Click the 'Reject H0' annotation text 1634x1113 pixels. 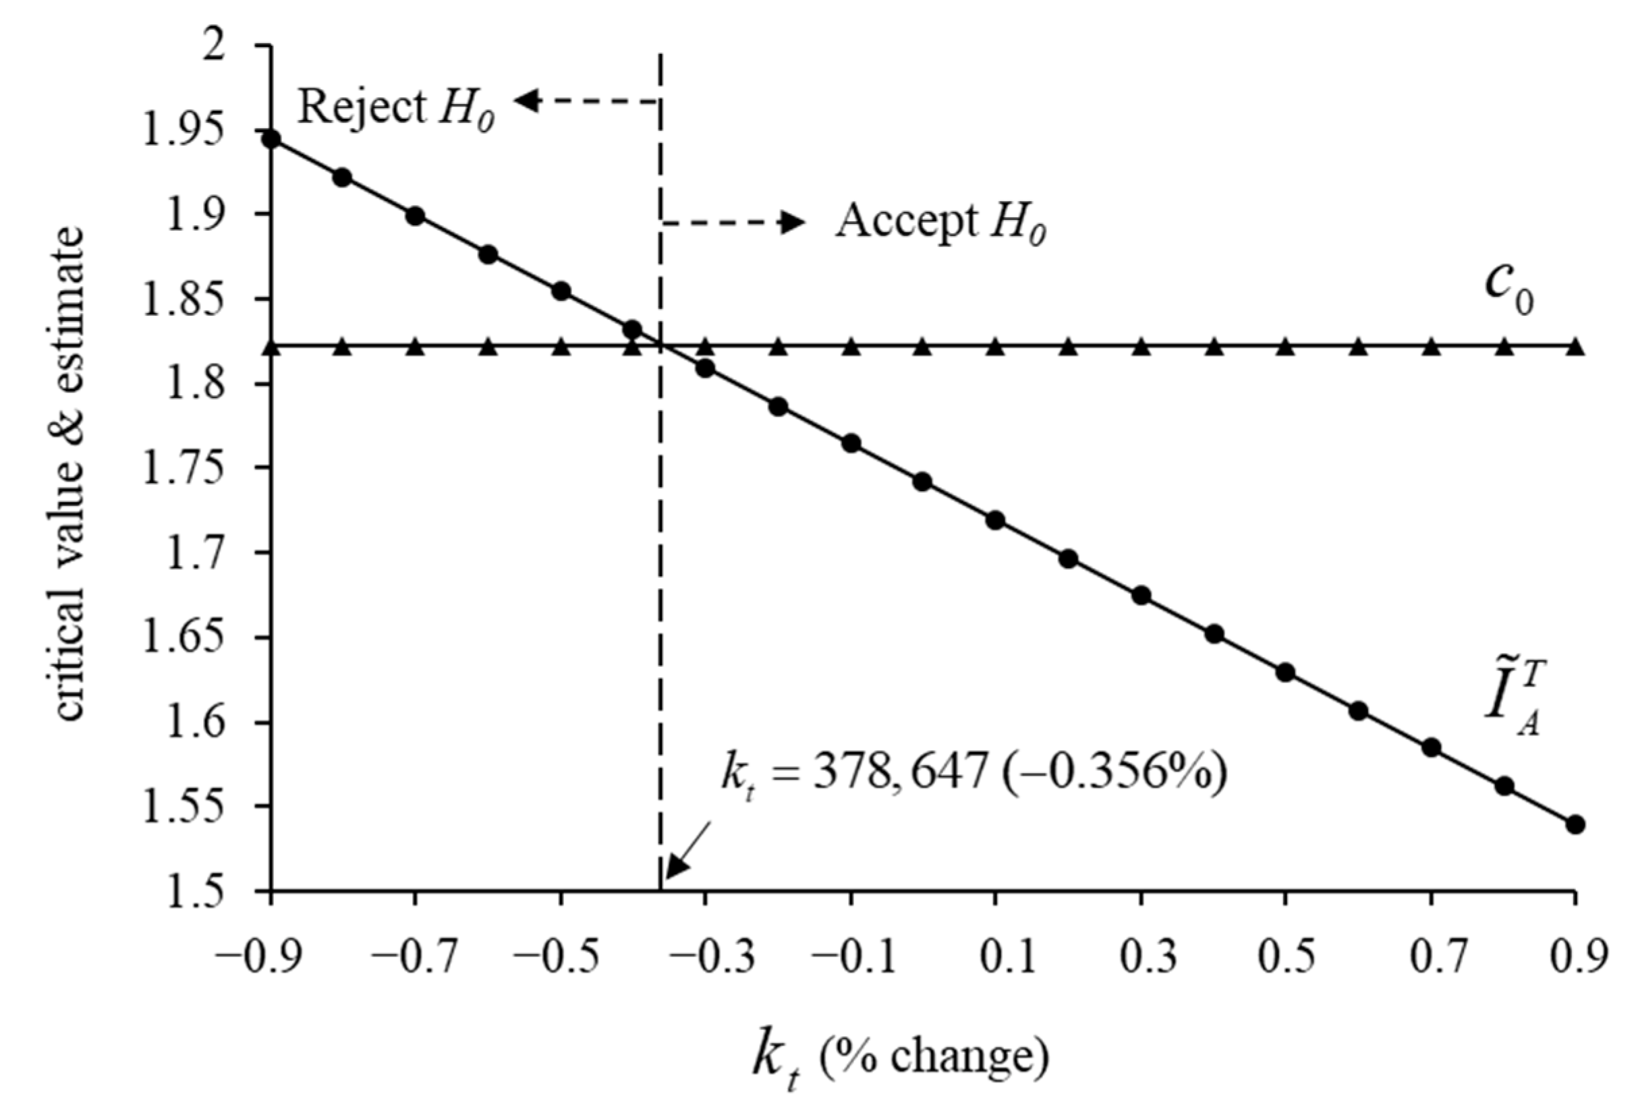[396, 109]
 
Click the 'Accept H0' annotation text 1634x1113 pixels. [940, 223]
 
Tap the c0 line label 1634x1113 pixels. [1507, 289]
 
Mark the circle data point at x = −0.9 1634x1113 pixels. [271, 139]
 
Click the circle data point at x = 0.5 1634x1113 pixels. [1285, 673]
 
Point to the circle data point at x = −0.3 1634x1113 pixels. [705, 368]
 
